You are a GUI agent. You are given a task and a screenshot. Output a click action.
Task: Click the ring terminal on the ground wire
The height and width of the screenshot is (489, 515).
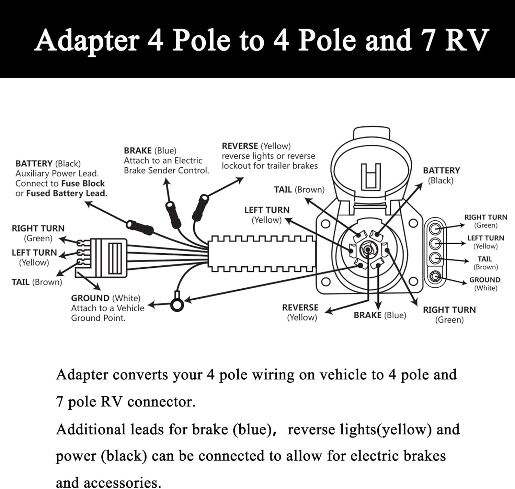pos(177,305)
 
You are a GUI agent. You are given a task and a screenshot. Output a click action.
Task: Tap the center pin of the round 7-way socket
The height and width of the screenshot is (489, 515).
pos(367,249)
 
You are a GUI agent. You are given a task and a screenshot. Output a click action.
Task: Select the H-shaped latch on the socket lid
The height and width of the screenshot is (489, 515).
pos(371,176)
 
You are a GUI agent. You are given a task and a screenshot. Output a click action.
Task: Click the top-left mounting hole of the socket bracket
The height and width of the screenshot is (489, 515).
pos(325,224)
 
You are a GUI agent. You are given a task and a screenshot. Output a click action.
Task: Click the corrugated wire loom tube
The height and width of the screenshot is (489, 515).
pos(262,254)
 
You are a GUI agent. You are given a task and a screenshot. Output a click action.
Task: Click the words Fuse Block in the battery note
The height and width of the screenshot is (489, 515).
pos(83,183)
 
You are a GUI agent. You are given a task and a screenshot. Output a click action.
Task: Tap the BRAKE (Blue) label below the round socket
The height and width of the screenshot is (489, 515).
pos(380,315)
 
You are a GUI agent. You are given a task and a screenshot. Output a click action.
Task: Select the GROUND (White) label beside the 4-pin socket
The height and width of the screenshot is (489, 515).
pos(485,284)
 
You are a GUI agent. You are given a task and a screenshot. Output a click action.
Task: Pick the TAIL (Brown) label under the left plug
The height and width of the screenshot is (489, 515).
pos(37,282)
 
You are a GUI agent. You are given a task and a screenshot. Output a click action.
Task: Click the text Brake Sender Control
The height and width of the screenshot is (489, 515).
pos(166,170)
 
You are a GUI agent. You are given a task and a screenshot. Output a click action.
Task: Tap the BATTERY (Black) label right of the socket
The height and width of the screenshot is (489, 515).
pos(441,175)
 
